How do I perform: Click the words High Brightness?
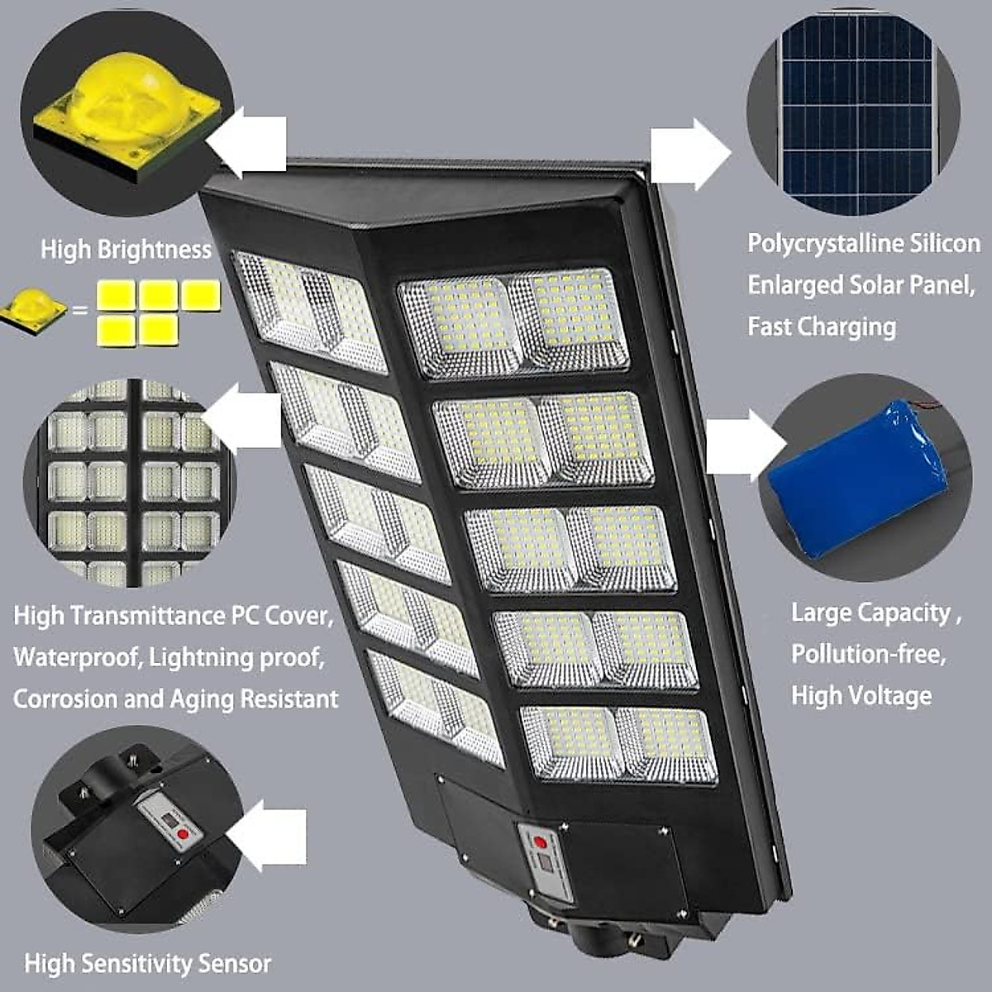[x=126, y=250]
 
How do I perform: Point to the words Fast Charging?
[x=822, y=327]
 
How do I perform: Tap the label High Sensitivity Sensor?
[x=147, y=964]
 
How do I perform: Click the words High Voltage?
[x=861, y=695]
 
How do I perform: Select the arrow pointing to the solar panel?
[x=689, y=154]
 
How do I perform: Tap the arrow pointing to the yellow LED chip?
[x=248, y=145]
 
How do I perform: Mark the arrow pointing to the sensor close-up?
[x=269, y=835]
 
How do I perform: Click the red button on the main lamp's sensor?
[x=539, y=842]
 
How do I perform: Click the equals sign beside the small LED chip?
[x=79, y=312]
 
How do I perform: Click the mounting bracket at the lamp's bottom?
[x=599, y=934]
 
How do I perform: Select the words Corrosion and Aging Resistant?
[x=175, y=699]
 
